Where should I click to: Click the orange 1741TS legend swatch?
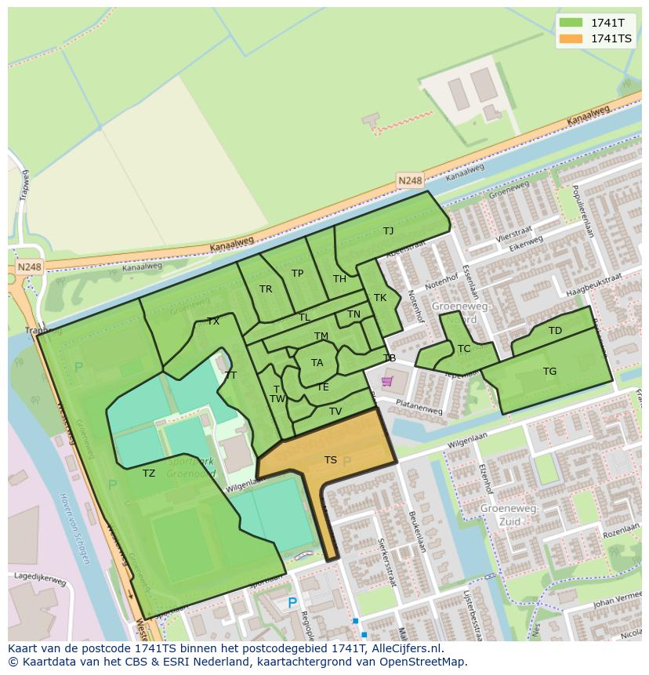[x=571, y=38]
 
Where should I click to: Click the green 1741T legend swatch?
[x=571, y=23]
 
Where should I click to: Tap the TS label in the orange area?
[x=331, y=460]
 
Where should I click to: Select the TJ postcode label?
[x=388, y=230]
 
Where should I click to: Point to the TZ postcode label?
[x=149, y=473]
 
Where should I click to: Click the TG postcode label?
[x=549, y=372]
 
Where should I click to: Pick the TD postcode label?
[x=555, y=331]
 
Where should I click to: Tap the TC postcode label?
[x=464, y=349]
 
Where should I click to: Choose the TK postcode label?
[x=380, y=298]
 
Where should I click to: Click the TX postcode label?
[x=213, y=321]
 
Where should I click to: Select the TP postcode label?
[x=297, y=274]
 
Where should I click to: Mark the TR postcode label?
[x=266, y=289]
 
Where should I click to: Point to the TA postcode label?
[x=317, y=363]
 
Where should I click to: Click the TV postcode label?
[x=335, y=411]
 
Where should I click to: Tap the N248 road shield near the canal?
[x=409, y=180]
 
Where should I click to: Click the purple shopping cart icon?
[x=386, y=382]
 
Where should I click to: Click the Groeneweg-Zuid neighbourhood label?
[x=509, y=514]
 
